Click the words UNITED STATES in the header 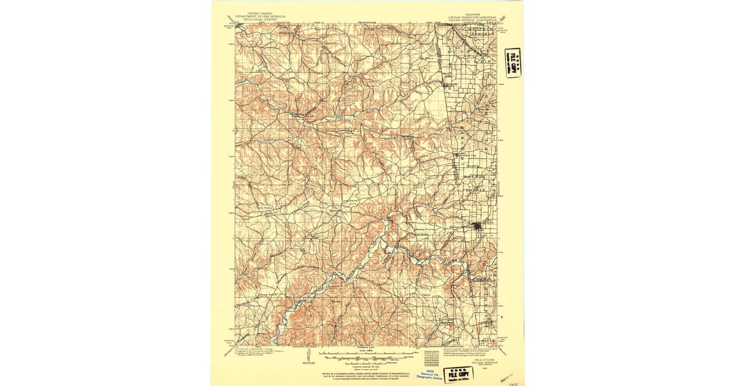[259, 12]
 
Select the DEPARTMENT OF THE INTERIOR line [259, 15]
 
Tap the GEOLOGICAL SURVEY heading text [259, 19]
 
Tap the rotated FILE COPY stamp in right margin [513, 62]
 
